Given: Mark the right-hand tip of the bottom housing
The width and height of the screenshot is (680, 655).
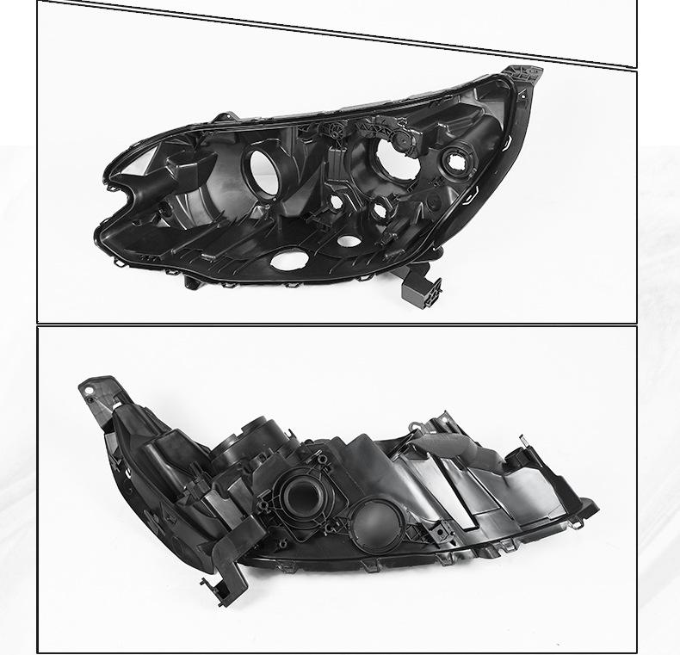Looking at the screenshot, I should click(593, 507).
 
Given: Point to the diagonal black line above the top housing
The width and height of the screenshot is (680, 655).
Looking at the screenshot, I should click(337, 34).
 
